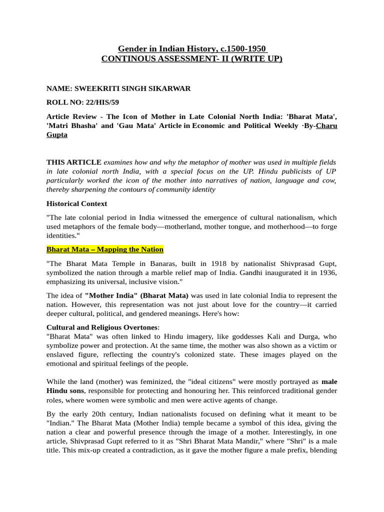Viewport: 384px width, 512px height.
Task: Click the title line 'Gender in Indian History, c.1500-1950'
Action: pos(192,48)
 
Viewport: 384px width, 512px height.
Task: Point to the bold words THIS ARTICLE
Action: pos(74,162)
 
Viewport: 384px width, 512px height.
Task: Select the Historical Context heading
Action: pos(76,203)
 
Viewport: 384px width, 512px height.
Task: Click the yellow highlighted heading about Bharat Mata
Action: pos(105,249)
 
